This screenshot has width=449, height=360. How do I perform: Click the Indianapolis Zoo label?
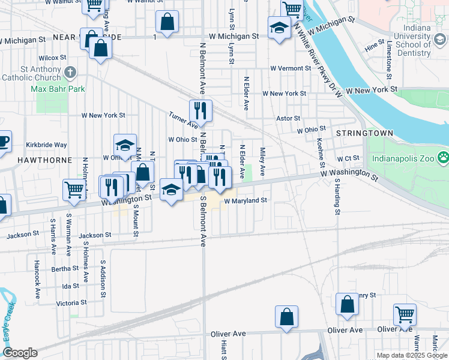tap(404, 159)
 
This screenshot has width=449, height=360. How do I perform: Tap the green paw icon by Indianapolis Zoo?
tap(444, 159)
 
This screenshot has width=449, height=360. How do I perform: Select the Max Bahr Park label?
tap(58, 89)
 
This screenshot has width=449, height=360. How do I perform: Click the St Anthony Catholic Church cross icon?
tap(70, 73)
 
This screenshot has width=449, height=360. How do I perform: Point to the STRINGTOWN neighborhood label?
tap(364, 133)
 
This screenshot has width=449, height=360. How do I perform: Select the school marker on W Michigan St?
tap(279, 29)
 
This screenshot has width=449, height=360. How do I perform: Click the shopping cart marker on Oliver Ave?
tap(405, 314)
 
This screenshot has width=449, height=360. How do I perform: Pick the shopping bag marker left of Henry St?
tap(347, 304)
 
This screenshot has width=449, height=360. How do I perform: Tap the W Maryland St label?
tap(245, 201)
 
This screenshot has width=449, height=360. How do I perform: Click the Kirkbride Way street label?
tap(46, 145)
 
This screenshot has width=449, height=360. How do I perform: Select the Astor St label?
tap(288, 118)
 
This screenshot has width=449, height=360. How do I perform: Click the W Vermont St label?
tap(290, 68)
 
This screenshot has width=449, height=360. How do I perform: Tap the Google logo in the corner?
tap(20, 353)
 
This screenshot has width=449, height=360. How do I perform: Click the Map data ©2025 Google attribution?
tap(412, 355)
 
